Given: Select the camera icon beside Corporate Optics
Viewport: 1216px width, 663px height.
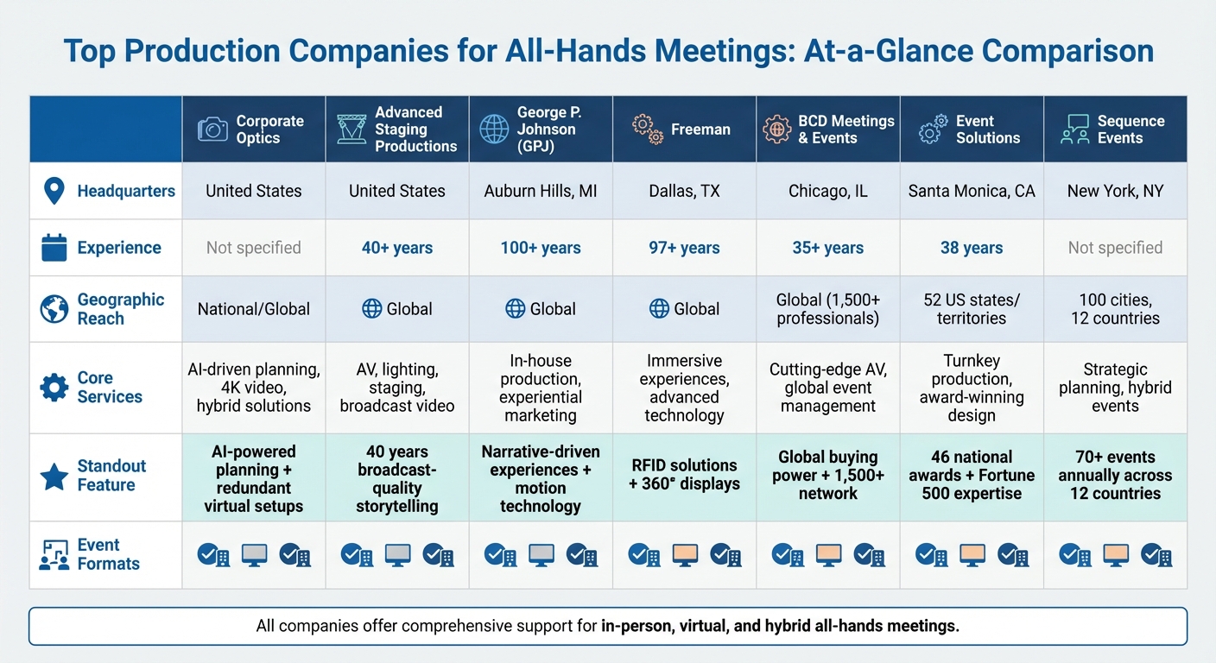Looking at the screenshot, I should pyautogui.click(x=212, y=129).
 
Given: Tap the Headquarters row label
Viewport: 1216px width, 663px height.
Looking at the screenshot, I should pyautogui.click(x=125, y=191).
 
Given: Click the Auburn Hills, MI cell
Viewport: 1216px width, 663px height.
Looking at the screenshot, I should pyautogui.click(x=541, y=191).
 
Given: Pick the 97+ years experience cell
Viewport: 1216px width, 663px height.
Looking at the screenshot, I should pyautogui.click(x=684, y=248).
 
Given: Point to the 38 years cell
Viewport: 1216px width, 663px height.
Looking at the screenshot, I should pyautogui.click(x=972, y=248).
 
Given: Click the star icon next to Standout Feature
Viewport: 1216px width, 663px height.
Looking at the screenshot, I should pyautogui.click(x=54, y=476).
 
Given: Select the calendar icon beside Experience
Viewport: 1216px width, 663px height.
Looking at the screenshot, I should pyautogui.click(x=54, y=248).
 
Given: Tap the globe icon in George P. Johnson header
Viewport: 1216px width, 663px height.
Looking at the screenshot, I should pyautogui.click(x=494, y=129).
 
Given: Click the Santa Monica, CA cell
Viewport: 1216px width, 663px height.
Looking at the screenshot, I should pyautogui.click(x=972, y=191).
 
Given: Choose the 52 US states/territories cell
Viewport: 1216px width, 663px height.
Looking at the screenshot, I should pyautogui.click(x=972, y=309).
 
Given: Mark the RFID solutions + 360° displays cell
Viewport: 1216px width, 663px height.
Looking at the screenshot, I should pyautogui.click(x=684, y=475).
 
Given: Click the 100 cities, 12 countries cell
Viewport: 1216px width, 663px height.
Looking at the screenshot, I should pyautogui.click(x=1115, y=309).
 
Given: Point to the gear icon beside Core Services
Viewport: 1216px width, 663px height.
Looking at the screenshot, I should pyautogui.click(x=54, y=388).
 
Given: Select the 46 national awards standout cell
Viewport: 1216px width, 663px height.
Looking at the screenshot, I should pyautogui.click(x=972, y=475).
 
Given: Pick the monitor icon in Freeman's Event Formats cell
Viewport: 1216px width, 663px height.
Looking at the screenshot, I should pyautogui.click(x=685, y=554).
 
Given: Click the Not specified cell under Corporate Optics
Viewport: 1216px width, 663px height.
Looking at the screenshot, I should pyautogui.click(x=253, y=248).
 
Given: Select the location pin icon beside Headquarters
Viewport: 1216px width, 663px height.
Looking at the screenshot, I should pyautogui.click(x=54, y=191).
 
